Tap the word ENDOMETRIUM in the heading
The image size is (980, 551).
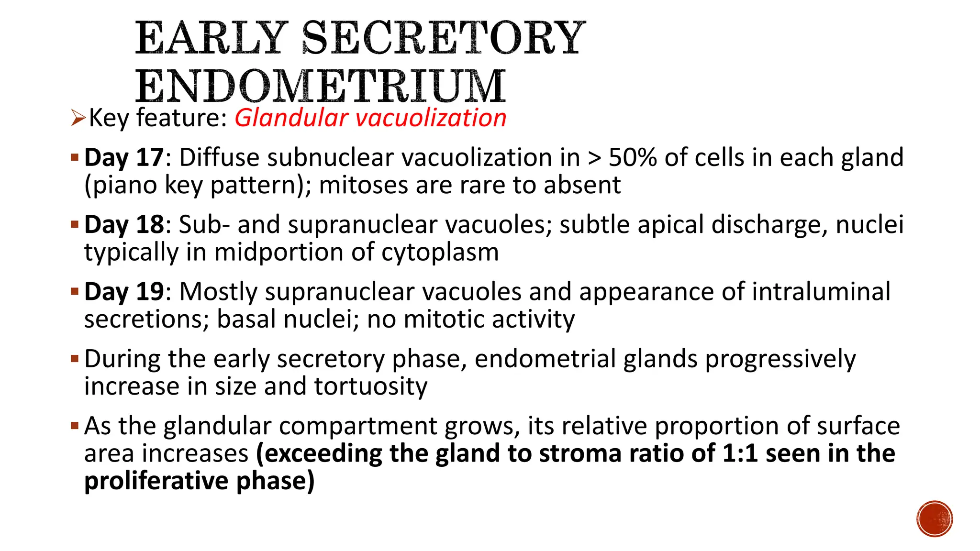tap(320, 87)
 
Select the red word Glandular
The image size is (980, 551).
tap(291, 118)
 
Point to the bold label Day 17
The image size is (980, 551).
tap(124, 157)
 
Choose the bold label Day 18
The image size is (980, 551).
tap(124, 224)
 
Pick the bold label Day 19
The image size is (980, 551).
tap(124, 291)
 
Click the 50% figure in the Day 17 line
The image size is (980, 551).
tap(633, 157)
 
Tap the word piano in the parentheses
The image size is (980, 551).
tap(124, 185)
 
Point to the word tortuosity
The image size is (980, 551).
tap(370, 386)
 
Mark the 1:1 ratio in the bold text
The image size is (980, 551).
tap(740, 453)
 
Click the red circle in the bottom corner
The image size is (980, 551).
tap(935, 519)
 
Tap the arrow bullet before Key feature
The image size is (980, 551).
tap(78, 118)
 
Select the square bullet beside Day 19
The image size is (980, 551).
tap(75, 291)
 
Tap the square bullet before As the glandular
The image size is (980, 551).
tap(75, 425)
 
